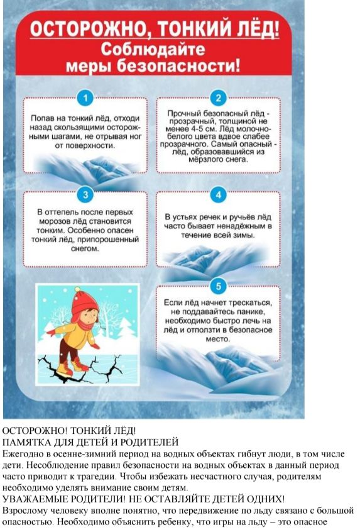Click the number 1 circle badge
coord(85,98)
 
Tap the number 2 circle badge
coord(218,98)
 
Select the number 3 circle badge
coord(85,195)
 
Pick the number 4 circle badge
coord(218,195)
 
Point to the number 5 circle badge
coord(218,286)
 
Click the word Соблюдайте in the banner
coord(153,50)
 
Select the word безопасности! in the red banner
coord(178,65)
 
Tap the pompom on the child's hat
coord(78,291)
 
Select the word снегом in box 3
coord(85,248)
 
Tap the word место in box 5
coord(217,339)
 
